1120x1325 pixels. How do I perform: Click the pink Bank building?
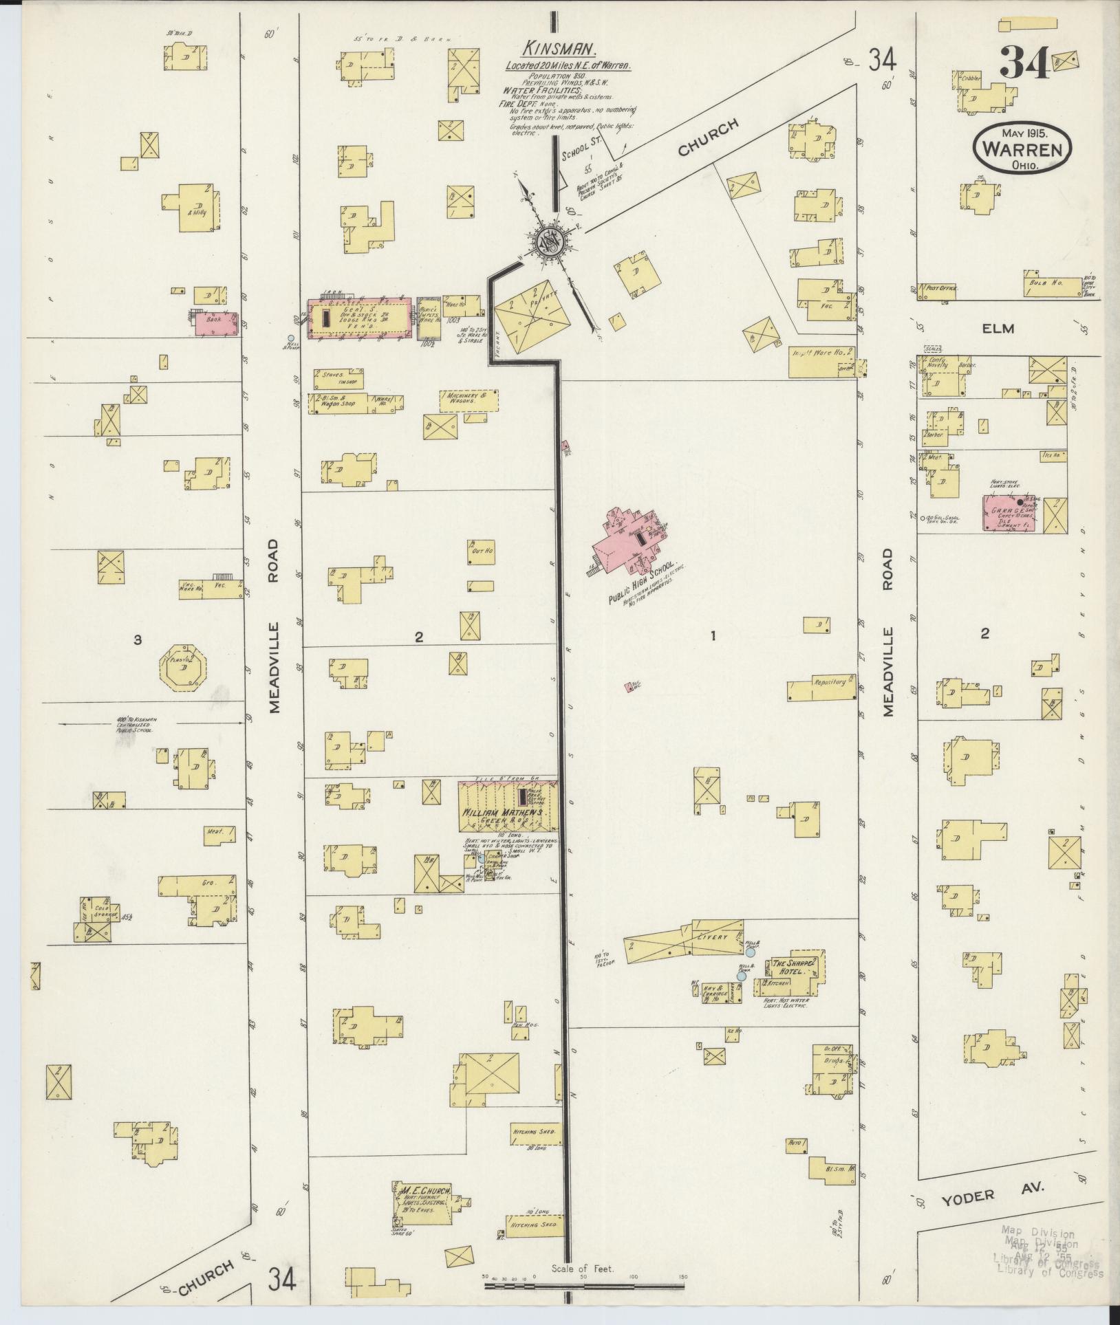tap(215, 324)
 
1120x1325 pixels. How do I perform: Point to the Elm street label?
tap(998, 329)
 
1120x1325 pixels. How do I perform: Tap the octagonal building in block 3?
tap(184, 666)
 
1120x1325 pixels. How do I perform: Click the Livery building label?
tap(712, 937)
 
